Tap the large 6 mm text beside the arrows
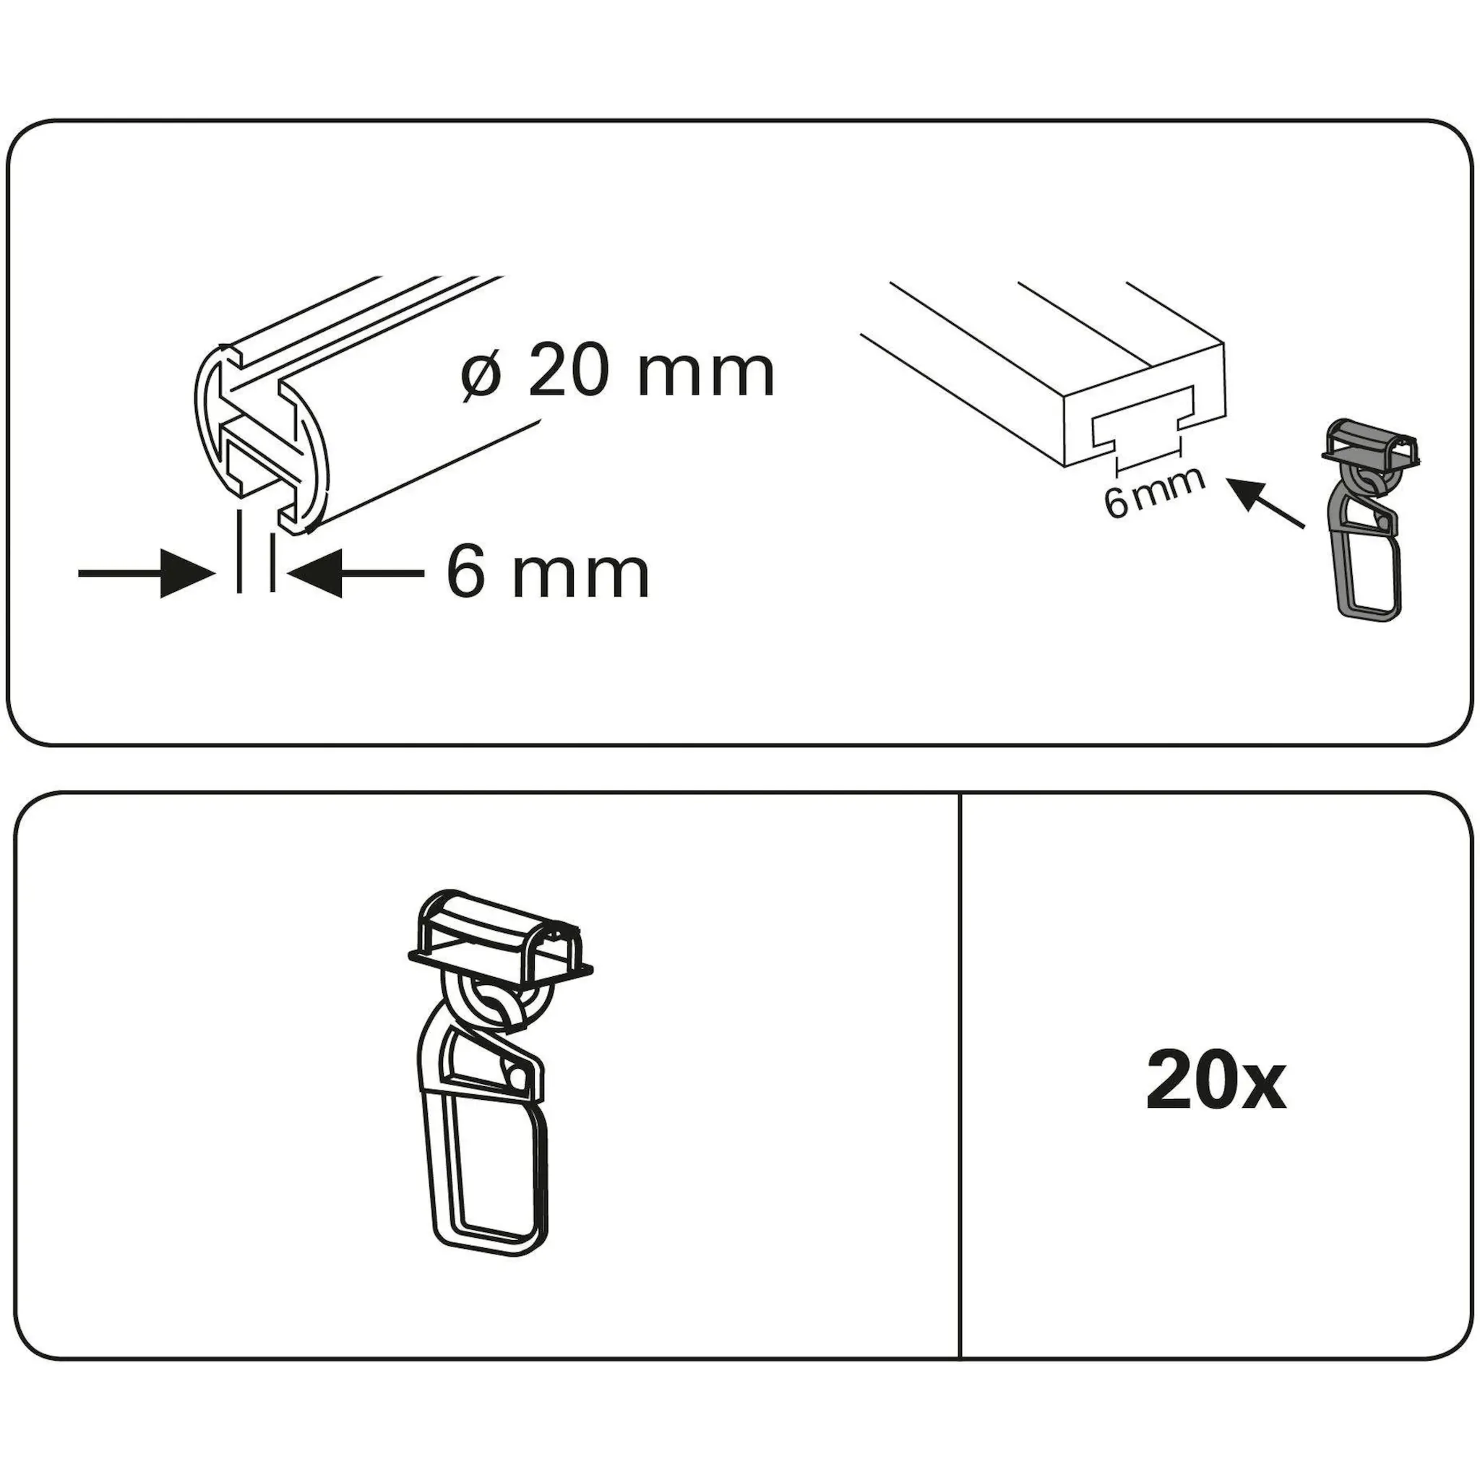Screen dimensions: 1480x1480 click(548, 573)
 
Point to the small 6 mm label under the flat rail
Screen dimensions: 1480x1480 click(1154, 492)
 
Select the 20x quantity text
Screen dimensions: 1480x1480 click(1216, 1083)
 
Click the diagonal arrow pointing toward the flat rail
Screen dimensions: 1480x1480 click(1265, 503)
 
